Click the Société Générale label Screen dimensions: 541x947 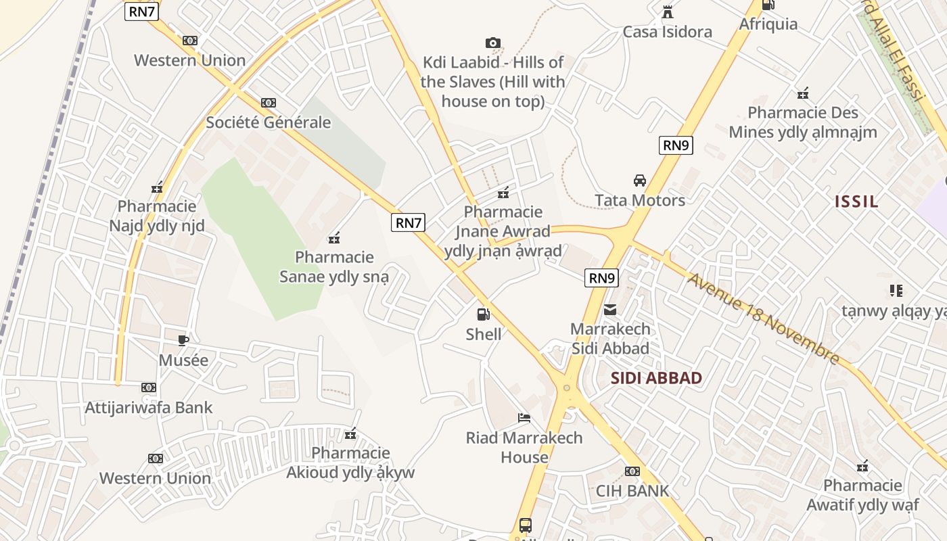(269, 122)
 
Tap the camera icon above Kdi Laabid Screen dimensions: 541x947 (493, 43)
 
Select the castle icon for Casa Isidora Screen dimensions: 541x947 (668, 11)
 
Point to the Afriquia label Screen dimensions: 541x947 (768, 24)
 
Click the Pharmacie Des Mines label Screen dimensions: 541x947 (802, 122)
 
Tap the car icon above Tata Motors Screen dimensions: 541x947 (639, 181)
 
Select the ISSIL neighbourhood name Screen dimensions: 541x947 (856, 201)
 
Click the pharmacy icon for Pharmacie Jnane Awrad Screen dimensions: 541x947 (503, 193)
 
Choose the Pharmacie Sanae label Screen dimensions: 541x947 (334, 267)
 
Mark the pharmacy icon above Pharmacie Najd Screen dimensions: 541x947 (157, 187)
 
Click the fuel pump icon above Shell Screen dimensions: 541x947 (483, 314)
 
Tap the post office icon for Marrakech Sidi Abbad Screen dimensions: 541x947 (610, 310)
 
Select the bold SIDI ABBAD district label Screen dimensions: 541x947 (656, 378)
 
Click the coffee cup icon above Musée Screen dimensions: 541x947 (183, 340)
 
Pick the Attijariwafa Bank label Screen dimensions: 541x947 (149, 408)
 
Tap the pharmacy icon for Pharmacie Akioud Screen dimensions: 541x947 (350, 433)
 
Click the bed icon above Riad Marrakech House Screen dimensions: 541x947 (524, 417)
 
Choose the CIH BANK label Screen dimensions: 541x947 (632, 491)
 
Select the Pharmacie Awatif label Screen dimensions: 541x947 (862, 495)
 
